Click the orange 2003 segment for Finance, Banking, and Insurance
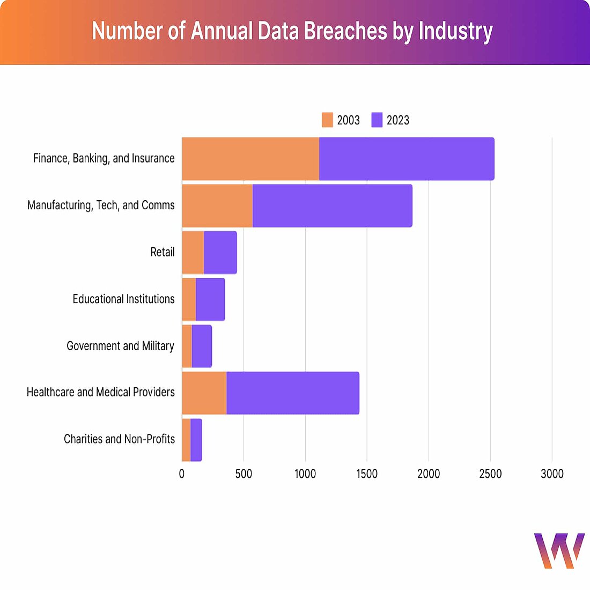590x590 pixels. point(250,159)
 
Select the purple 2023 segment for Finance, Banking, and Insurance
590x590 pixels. point(406,159)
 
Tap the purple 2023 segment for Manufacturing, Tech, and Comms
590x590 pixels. point(332,205)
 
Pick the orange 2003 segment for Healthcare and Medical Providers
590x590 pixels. point(204,393)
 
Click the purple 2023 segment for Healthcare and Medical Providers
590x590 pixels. point(292,393)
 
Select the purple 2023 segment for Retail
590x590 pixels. point(220,252)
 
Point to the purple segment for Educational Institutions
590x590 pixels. point(210,299)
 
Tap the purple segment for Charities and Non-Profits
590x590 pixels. point(196,440)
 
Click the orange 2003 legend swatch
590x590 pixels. point(327,120)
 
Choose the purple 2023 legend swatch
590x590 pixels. point(377,120)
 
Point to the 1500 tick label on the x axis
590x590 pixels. point(367,474)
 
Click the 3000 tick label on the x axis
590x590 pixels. point(552,474)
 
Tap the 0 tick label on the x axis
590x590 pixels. point(182,474)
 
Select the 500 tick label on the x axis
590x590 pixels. point(244,474)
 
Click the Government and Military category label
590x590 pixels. point(120,346)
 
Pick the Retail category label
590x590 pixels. point(162,252)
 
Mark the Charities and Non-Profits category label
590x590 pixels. point(119,439)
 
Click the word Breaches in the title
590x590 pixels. point(345,31)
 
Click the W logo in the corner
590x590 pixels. point(559,550)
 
